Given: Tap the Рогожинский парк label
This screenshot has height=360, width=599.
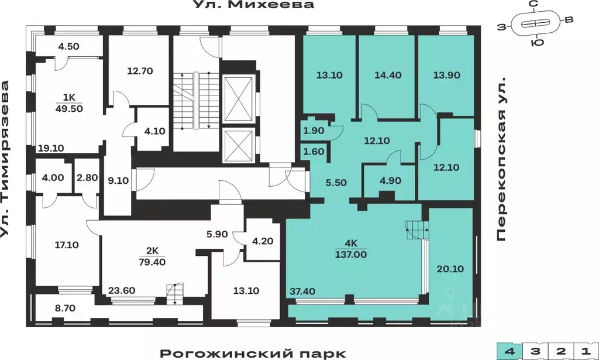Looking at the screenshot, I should tap(253, 354).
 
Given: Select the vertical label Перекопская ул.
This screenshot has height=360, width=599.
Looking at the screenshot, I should tap(501, 159).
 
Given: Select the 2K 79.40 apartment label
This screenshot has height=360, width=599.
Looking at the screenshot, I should tap(152, 256).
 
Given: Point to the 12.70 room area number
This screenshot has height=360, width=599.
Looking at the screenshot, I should tap(140, 71).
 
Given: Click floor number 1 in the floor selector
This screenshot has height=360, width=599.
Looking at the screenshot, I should tap(586, 351).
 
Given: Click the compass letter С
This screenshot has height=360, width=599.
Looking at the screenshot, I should tap(533, 4).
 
